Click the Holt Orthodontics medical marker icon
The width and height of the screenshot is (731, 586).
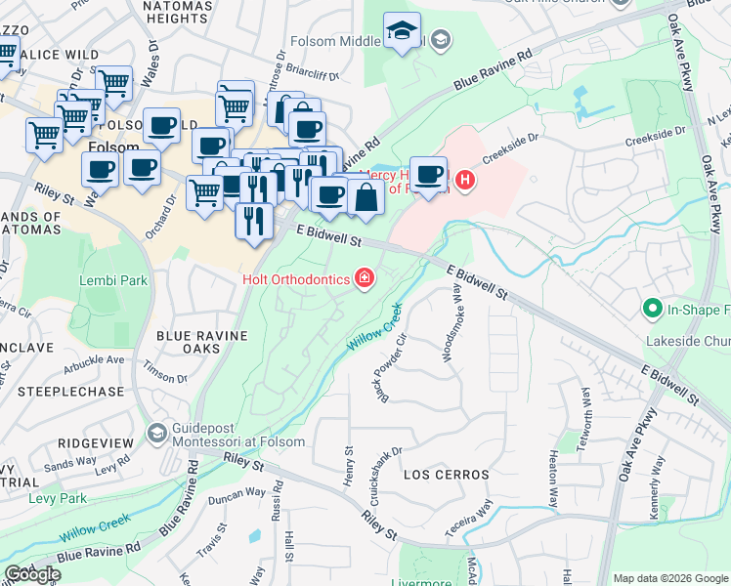[x=364, y=280]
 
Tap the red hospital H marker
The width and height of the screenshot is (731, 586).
[x=465, y=181]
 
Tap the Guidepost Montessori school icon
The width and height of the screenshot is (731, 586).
[x=155, y=432]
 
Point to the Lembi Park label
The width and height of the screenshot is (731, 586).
[x=112, y=280]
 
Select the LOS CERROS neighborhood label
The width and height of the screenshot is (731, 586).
[x=446, y=475]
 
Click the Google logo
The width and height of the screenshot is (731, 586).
[x=32, y=574]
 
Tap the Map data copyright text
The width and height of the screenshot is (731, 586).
[x=669, y=578]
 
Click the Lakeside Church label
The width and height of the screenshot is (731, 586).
[x=687, y=342]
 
